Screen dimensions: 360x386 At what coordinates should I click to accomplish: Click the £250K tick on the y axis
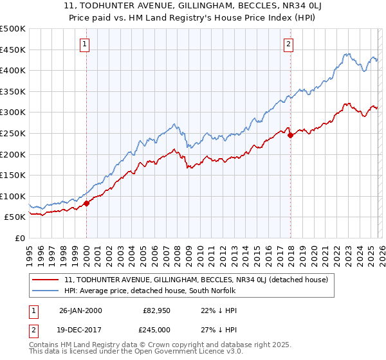coord(13,133)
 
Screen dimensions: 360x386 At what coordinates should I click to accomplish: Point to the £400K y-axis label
coord(13,70)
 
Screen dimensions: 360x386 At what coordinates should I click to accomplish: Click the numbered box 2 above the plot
coord(288,44)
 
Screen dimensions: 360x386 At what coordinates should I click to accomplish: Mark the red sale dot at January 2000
coord(87,203)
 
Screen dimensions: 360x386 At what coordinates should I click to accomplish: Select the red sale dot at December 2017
coord(290,135)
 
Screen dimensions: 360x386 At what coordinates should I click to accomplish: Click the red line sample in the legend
coord(45,280)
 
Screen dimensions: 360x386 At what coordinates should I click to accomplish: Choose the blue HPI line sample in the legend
coord(45,291)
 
